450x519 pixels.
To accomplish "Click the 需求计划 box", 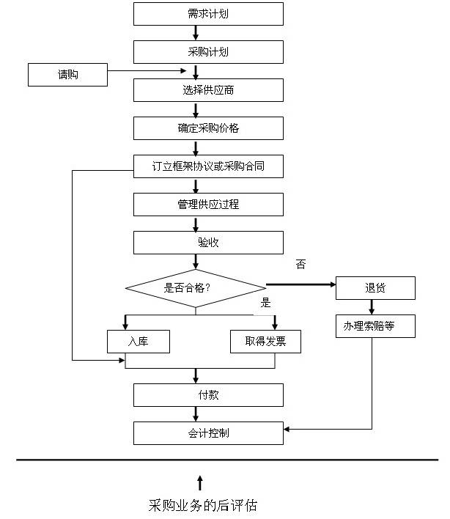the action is click(208, 14).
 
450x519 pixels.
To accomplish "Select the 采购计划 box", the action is click(208, 52).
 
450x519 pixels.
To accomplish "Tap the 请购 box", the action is click(67, 75).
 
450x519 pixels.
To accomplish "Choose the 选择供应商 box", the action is click(208, 90).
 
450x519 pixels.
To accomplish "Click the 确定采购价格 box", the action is click(208, 128).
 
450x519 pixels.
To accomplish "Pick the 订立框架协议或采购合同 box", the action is click(208, 166).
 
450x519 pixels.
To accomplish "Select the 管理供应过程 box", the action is click(208, 205).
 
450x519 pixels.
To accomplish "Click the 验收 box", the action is click(208, 243).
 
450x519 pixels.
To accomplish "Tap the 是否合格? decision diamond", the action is click(196, 288).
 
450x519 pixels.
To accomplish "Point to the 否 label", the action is click(300, 264).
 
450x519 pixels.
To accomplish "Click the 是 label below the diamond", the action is click(265, 302).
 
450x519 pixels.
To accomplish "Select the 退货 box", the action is click(375, 288).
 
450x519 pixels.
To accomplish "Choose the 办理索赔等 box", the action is click(375, 326).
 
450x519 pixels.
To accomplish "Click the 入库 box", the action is click(139, 342).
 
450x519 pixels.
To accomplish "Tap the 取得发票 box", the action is click(265, 342).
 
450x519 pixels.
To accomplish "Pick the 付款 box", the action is click(208, 395).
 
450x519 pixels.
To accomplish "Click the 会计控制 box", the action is click(208, 433).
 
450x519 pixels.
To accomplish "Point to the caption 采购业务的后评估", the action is click(203, 505).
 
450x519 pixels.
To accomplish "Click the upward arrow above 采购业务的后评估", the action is click(200, 483).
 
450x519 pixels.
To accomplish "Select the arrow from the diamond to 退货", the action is click(300, 284).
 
